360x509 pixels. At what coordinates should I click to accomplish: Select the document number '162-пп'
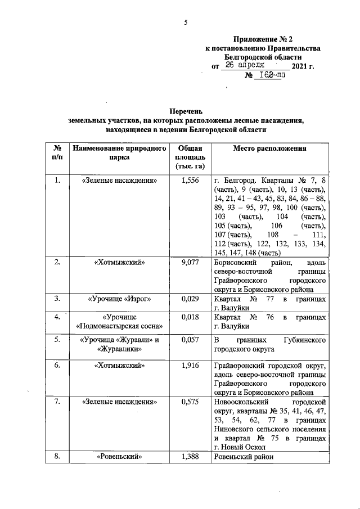click(269, 76)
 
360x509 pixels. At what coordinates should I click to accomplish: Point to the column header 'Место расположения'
click(270, 148)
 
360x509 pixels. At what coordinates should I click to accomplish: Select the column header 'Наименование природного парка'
click(119, 152)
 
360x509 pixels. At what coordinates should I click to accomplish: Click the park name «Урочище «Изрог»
click(119, 298)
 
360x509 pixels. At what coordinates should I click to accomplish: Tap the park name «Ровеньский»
click(119, 456)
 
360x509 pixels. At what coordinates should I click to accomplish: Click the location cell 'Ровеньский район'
click(243, 456)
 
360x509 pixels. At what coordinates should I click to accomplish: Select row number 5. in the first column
click(57, 340)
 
